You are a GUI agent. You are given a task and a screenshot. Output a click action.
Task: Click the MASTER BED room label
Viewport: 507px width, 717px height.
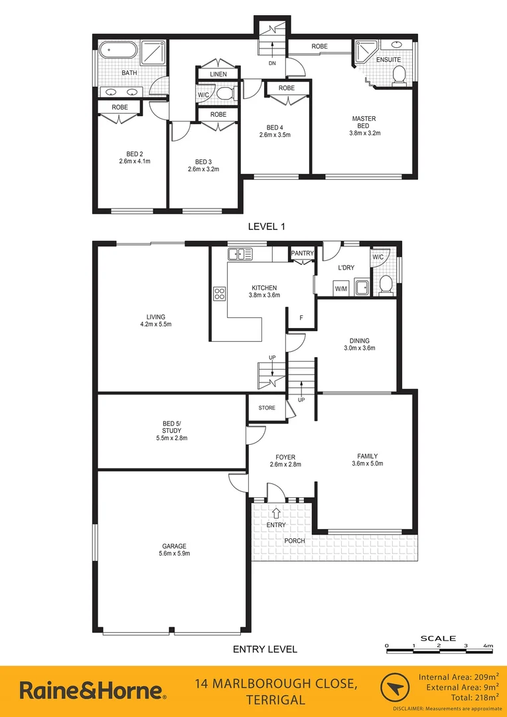364,119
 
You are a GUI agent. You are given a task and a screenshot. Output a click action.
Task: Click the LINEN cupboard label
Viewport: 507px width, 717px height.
218,74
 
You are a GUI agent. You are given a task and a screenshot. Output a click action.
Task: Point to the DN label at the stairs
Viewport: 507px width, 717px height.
272,64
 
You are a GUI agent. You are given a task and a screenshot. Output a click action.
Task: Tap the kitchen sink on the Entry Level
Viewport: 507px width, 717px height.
240,254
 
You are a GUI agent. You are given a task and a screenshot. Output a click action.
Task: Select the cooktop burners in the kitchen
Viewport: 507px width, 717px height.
220,293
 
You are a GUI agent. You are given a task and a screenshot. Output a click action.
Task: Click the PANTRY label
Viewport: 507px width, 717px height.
302,253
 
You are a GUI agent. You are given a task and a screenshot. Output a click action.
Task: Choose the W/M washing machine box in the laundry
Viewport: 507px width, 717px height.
341,289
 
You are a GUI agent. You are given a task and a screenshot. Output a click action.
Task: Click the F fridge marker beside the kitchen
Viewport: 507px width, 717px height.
301,318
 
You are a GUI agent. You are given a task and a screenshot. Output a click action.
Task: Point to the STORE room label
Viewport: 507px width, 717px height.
267,408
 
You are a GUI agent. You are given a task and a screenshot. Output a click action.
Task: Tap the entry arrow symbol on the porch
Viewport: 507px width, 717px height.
276,511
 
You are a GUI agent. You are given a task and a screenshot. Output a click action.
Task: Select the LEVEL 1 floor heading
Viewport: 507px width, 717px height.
266,226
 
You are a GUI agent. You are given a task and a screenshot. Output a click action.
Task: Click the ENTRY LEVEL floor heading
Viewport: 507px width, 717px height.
265,649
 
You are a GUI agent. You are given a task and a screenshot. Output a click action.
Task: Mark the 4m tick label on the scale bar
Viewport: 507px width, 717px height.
488,645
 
